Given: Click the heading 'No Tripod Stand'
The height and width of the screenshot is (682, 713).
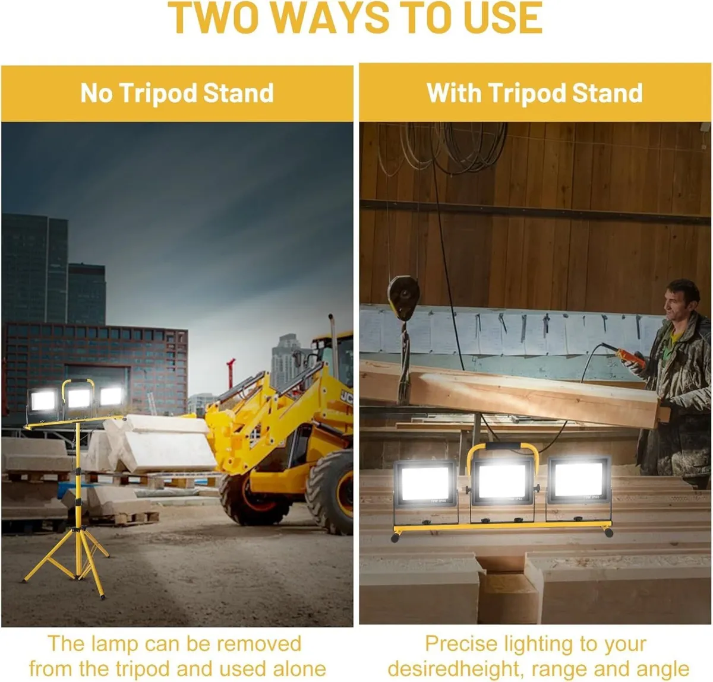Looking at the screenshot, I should click(x=177, y=93).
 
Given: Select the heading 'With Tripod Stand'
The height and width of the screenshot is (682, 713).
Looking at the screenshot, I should click(x=535, y=93).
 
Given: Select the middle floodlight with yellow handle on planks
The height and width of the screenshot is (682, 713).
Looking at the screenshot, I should click(x=502, y=482).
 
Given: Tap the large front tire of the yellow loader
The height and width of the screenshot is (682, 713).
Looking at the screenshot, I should click(x=330, y=493).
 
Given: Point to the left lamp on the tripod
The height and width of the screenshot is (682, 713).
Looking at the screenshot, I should click(x=43, y=401).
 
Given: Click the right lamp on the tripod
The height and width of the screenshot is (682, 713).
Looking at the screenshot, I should click(x=111, y=396).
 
